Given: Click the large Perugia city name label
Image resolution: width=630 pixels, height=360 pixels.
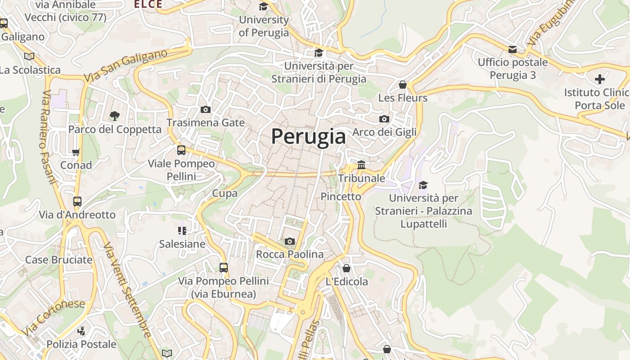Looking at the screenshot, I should [x=308, y=136].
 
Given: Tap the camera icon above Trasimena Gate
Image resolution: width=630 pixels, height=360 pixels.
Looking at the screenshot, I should [x=206, y=110].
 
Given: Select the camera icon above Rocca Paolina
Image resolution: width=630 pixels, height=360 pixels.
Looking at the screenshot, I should [x=290, y=242].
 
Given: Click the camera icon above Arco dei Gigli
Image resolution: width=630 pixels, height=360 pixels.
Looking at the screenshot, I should [x=384, y=119].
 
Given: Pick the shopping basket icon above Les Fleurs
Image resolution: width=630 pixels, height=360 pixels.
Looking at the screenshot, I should [x=403, y=85].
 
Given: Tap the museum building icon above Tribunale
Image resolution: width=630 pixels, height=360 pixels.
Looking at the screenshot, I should [x=361, y=165].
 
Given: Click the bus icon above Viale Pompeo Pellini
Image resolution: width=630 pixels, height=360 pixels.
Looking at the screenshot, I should [x=181, y=150].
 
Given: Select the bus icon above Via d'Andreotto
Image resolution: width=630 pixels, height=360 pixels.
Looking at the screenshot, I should [x=77, y=202].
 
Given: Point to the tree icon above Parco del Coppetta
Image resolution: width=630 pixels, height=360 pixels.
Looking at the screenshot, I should [x=115, y=116].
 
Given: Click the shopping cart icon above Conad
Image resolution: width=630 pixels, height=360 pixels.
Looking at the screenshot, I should [x=76, y=152].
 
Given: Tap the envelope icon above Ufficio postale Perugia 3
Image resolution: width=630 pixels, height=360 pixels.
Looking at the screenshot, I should [x=513, y=49].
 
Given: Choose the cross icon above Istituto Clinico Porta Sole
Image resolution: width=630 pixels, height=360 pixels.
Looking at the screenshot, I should [x=600, y=80].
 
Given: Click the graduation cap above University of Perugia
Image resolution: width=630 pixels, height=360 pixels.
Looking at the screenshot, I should [x=263, y=7].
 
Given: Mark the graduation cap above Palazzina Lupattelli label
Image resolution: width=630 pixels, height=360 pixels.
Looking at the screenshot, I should [x=423, y=185].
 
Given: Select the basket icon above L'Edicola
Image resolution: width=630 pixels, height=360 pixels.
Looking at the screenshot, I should [x=346, y=269].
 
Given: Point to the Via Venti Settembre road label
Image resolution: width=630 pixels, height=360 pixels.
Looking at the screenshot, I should [x=127, y=290].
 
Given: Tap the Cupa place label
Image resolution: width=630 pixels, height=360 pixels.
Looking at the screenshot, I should [x=225, y=193].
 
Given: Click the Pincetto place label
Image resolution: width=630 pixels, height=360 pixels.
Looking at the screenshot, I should [x=341, y=197].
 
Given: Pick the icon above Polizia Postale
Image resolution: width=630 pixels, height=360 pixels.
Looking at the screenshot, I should [x=81, y=332].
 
